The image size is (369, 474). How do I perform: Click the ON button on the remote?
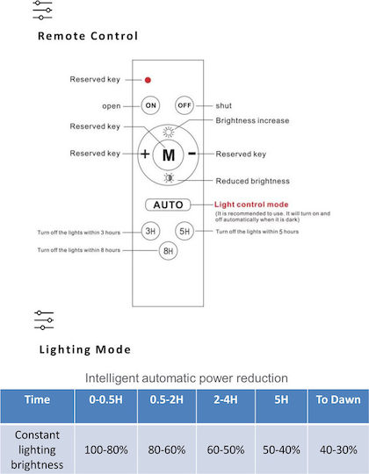150,105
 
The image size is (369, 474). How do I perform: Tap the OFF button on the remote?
184,105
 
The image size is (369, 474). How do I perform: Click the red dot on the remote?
148,80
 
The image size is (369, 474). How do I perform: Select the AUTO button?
168,205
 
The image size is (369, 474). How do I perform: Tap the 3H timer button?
150,231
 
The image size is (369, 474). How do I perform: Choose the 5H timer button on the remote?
184,231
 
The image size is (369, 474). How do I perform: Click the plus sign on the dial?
145,154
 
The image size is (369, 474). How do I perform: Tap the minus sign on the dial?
192,154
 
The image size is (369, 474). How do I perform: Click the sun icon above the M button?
169,132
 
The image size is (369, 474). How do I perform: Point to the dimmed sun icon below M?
169,178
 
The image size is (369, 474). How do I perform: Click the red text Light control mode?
251,205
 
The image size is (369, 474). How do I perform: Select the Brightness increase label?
252,120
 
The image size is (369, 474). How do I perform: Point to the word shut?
223,106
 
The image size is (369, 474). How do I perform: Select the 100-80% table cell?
106,449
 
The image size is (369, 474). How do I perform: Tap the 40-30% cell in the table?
338,449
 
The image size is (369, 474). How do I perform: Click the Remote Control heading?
88,36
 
